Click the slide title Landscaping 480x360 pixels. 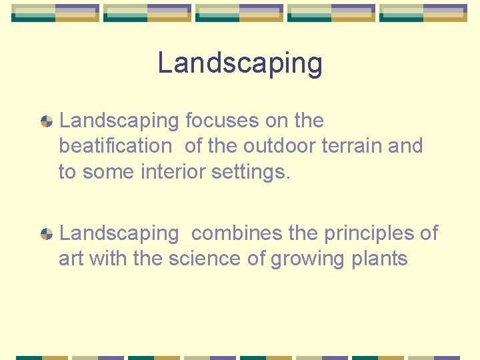click(240, 63)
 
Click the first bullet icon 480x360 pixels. click(47, 121)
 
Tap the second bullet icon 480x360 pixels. click(47, 234)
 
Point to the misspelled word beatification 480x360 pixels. click(115, 146)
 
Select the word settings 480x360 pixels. click(251, 172)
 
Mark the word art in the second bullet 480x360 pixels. click(71, 259)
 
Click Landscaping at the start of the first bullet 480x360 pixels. click(119, 121)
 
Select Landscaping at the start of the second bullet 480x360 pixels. click(119, 233)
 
